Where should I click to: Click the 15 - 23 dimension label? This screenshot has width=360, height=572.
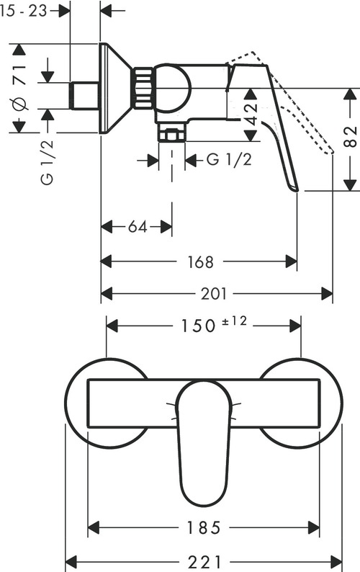click(x=29, y=10)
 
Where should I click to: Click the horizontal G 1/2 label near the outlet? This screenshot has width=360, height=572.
click(x=229, y=160)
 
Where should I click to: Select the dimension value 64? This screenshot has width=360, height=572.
click(x=137, y=227)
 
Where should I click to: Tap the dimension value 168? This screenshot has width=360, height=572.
click(x=199, y=262)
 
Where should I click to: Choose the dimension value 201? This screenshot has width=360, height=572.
click(x=214, y=294)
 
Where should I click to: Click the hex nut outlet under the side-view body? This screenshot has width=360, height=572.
click(x=172, y=135)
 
